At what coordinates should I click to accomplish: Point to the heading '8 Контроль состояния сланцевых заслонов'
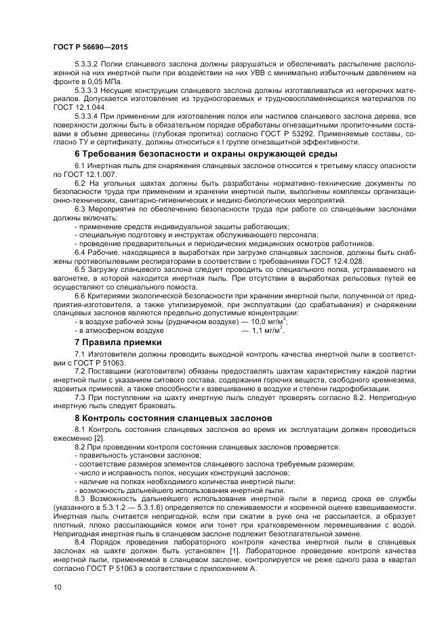click(x=173, y=418)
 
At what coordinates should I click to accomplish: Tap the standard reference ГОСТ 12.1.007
click(x=87, y=174)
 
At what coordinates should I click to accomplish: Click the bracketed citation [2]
click(x=99, y=439)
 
